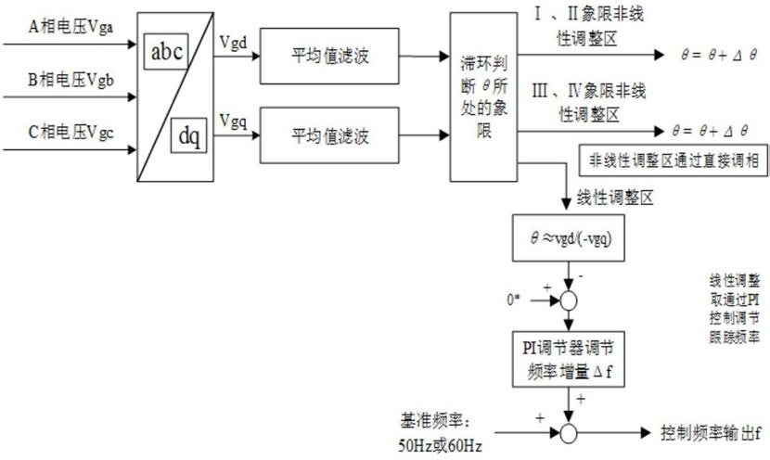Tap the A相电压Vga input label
tap(71, 27)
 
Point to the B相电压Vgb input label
tap(71, 80)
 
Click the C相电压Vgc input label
tap(71, 132)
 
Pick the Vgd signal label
tap(233, 43)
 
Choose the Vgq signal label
tap(233, 121)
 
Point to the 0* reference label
tap(513, 299)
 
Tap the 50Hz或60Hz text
tap(440, 446)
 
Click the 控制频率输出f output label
tap(711, 433)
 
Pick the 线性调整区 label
tap(615, 198)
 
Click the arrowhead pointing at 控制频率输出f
tap(646, 433)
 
